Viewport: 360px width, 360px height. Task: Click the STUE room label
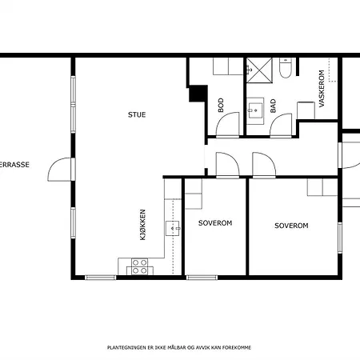137,114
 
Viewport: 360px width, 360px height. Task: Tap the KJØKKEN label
143,225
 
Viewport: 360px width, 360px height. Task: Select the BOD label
221,105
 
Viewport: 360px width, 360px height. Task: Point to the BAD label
273,106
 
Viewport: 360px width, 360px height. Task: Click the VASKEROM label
322,89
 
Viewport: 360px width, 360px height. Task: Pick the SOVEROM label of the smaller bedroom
215,223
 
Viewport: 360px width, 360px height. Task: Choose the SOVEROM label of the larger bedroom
291,226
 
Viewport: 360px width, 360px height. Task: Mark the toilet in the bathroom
286,68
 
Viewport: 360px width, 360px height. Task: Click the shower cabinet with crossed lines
259,70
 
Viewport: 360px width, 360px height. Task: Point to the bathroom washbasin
255,110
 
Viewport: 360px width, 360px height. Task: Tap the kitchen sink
173,228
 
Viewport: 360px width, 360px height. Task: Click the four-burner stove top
140,266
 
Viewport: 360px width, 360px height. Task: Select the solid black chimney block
198,94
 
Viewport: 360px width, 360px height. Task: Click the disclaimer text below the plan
179,347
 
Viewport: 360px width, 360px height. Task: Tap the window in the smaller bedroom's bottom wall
202,278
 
